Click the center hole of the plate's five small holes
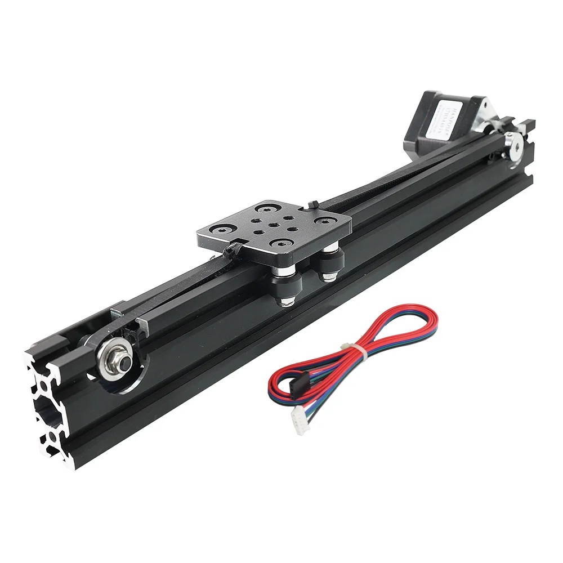(x=272, y=225)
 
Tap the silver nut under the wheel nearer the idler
(x=285, y=301)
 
